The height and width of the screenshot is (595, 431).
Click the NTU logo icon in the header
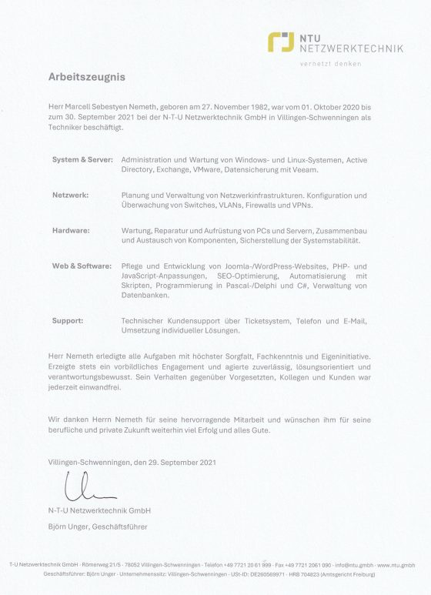(x=281, y=42)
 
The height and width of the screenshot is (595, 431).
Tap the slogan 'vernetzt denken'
(x=330, y=64)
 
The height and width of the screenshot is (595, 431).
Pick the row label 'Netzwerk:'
(x=70, y=196)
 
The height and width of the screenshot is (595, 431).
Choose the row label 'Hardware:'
(x=71, y=231)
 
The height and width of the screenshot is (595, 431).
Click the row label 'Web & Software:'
(x=80, y=266)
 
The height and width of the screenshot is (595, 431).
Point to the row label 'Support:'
(x=68, y=320)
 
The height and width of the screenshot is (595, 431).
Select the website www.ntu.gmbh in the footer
(x=398, y=565)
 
